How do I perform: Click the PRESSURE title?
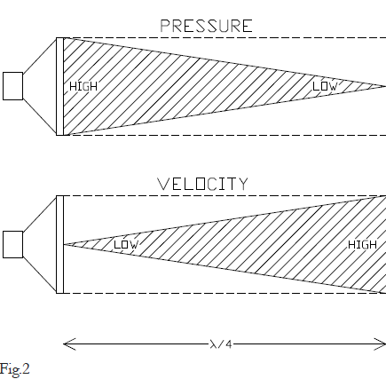tap(206, 26)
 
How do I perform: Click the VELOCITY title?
tap(202, 184)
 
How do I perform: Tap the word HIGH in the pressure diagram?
tap(83, 86)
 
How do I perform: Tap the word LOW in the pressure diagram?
tap(325, 86)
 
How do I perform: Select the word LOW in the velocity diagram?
tap(126, 245)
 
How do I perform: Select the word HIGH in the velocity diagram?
tap(362, 245)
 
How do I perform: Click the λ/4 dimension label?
tap(221, 344)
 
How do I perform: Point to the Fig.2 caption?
tap(15, 369)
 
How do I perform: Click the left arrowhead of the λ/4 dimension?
tap(69, 344)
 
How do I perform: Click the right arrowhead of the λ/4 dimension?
tap(380, 344)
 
